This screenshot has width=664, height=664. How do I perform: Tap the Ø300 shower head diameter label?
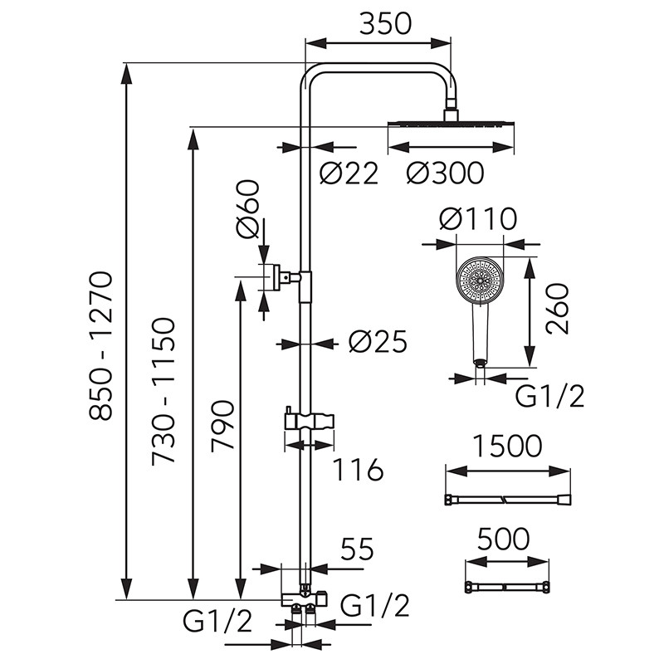[445, 173]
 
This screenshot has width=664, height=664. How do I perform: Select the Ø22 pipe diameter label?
[349, 173]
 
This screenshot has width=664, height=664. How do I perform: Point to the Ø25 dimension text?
[378, 342]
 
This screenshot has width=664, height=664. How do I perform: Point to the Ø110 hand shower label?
[478, 219]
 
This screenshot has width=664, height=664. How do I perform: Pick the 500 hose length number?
[503, 539]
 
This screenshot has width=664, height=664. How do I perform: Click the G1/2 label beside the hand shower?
[549, 397]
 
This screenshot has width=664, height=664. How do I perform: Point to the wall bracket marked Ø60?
[276, 276]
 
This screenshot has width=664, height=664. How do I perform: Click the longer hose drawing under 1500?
[508, 499]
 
